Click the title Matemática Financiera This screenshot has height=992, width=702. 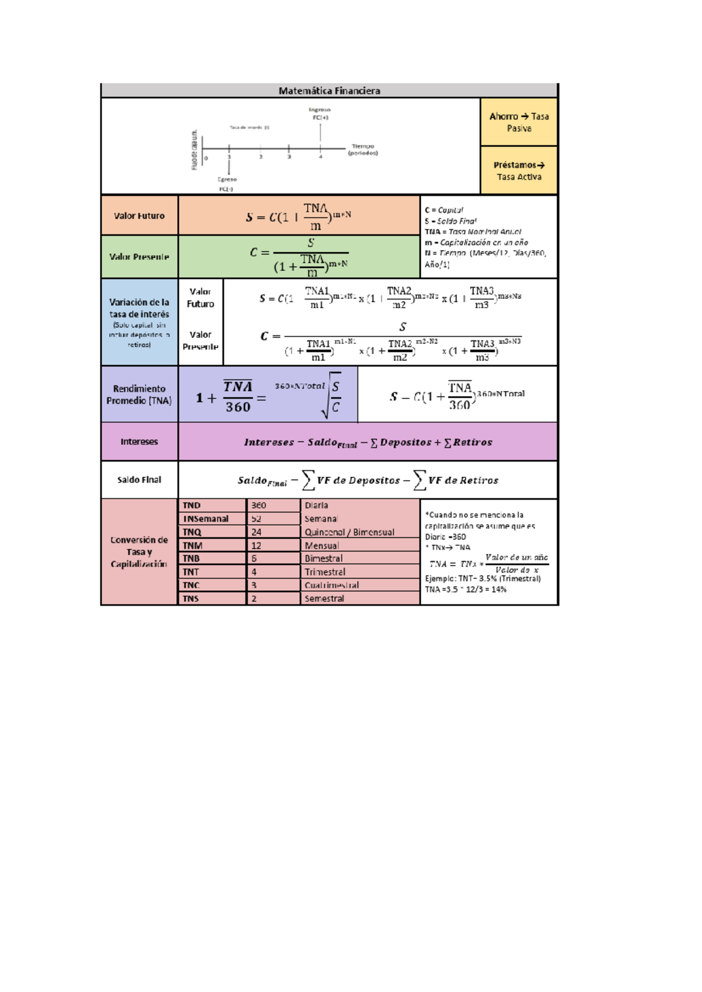tap(329, 91)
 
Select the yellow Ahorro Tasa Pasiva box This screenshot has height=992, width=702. tap(518, 122)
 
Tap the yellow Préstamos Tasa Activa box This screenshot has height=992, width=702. tap(518, 171)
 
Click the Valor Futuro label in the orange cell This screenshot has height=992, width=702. tap(139, 216)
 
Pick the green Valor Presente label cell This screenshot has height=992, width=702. tap(139, 257)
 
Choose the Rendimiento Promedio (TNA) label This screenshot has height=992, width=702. tap(139, 395)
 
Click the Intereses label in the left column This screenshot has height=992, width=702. tap(139, 442)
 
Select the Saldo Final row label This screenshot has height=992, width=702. tap(139, 480)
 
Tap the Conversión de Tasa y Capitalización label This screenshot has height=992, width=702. tap(139, 552)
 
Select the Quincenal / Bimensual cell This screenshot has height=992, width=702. tap(349, 532)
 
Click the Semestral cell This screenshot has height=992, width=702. tap(325, 598)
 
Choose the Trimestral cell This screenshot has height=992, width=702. tap(325, 572)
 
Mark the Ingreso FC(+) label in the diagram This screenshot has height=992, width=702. tap(319, 113)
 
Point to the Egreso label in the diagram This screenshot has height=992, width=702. tap(227, 180)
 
